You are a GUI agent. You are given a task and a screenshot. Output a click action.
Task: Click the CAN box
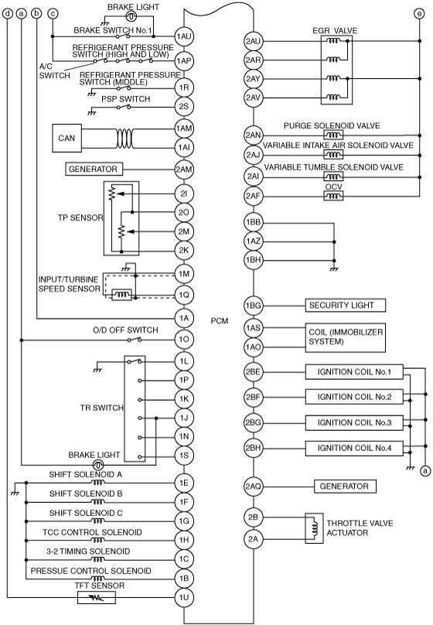coord(66,138)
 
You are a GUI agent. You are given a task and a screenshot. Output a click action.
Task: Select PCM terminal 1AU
coord(184,36)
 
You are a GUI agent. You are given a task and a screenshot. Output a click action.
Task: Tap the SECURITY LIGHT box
coord(346,306)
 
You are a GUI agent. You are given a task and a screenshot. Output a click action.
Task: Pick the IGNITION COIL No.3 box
coord(354,422)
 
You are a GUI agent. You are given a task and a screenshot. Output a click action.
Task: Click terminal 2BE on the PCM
coord(253,372)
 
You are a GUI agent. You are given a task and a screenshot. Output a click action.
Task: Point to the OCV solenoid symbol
coord(334,196)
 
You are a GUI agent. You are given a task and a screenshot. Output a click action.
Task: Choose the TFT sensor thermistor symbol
coord(96,597)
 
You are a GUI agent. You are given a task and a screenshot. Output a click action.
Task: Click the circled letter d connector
coord(7,14)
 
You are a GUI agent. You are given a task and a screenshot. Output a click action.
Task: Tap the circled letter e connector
coord(419,14)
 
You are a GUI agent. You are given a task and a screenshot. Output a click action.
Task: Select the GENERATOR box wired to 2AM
coord(94,169)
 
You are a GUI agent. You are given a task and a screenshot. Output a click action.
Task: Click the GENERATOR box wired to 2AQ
coord(345,487)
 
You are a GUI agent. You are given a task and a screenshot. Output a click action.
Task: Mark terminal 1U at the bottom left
coord(184,597)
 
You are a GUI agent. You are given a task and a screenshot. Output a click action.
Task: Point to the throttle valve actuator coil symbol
coord(314,528)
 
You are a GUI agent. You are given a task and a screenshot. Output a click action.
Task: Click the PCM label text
coord(220,320)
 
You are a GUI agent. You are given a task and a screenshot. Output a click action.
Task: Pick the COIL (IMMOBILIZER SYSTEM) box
coord(346,337)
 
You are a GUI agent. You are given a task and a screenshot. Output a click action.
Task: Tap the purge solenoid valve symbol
coord(334,135)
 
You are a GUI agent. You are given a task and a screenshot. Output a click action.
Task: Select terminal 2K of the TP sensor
coord(184,251)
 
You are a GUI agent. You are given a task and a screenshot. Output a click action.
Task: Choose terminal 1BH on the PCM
coord(253,260)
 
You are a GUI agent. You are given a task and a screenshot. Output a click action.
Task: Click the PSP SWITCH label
coord(125,99)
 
